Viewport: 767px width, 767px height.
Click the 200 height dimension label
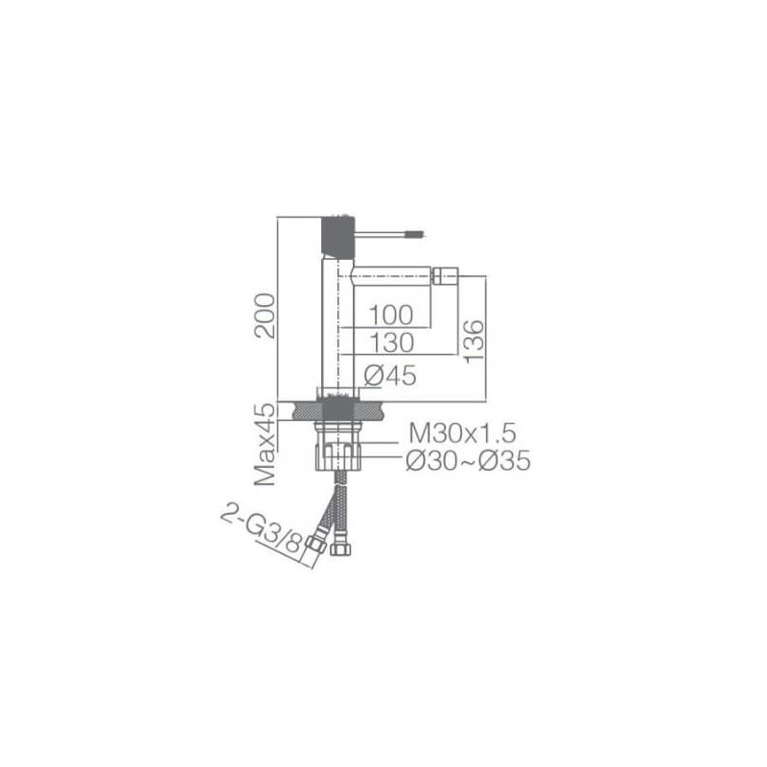(265, 315)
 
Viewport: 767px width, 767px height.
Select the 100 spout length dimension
(391, 315)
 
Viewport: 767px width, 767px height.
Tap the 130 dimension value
(392, 342)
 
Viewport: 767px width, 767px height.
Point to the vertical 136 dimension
(474, 341)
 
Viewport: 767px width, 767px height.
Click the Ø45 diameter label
(390, 376)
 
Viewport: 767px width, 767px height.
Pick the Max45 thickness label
(266, 444)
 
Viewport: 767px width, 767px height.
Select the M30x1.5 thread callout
(462, 432)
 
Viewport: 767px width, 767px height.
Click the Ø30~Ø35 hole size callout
(468, 460)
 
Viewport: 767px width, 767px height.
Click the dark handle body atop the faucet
(337, 236)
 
